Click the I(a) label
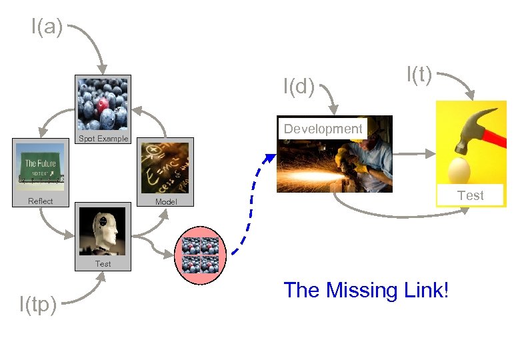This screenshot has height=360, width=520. (47, 28)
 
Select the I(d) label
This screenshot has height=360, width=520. (299, 87)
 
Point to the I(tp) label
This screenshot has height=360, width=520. (37, 305)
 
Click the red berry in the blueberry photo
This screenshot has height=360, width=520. (102, 105)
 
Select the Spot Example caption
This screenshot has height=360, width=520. (103, 139)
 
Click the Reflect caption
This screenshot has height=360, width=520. (40, 201)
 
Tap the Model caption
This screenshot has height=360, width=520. (166, 201)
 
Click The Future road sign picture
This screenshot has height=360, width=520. (40, 167)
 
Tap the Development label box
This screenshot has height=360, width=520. (323, 129)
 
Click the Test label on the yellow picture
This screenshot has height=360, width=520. (471, 195)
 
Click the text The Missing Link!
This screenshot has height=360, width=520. (366, 290)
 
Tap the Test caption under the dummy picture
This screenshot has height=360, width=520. (103, 264)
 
